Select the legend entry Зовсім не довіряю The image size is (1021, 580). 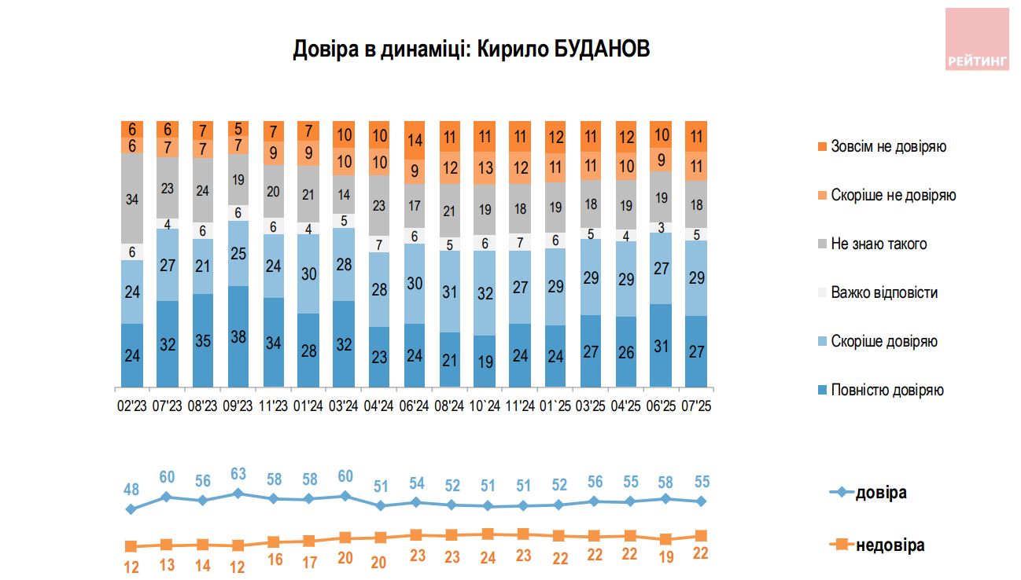(888, 147)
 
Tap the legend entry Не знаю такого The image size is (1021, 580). (879, 244)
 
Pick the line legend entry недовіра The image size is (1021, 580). (890, 545)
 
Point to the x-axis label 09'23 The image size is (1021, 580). (238, 406)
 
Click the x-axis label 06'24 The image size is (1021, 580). (415, 406)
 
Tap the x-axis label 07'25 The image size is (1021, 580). (697, 406)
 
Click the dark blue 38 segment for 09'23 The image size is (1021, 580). (238, 336)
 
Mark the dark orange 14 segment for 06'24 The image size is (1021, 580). (415, 141)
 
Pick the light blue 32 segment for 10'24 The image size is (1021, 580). (486, 292)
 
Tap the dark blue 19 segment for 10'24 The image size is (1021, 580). (486, 361)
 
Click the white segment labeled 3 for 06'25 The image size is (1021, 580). (662, 227)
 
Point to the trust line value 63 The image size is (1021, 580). (238, 475)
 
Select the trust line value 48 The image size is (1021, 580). (131, 490)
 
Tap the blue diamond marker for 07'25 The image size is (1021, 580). (700, 501)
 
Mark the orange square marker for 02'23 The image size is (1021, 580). (131, 546)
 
